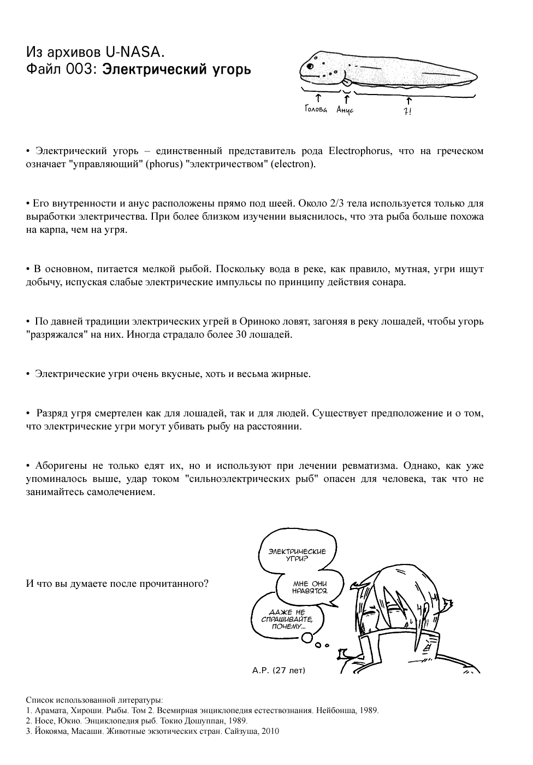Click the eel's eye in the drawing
tap(310, 66)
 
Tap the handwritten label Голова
tap(316, 110)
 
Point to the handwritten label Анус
tap(345, 110)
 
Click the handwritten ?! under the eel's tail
tap(407, 111)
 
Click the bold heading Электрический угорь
tap(177, 69)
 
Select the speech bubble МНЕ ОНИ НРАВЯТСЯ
tap(310, 587)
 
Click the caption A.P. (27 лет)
tap(279, 670)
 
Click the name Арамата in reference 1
tap(50, 710)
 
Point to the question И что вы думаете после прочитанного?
tap(117, 583)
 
